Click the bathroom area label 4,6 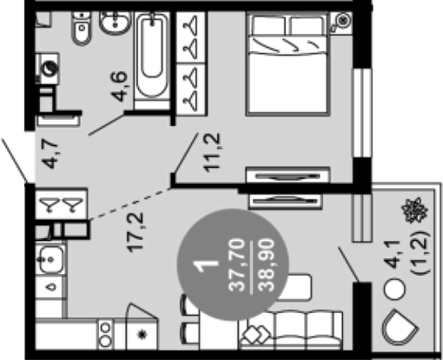pos(119,86)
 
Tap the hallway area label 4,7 pos(51,153)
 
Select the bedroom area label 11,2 pos(212,152)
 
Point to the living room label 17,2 pos(136,232)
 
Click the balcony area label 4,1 pos(393,254)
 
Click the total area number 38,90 pos(266,265)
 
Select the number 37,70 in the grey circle pos(236,265)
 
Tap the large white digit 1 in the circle pos(207,265)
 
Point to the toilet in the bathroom pos(81,29)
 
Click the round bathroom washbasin pos(115,23)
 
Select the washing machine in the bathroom pos(48,69)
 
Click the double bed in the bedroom pos(288,63)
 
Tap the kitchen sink pos(51,259)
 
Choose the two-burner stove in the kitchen pos(105,334)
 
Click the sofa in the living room pos(291,330)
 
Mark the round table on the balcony pos(394,289)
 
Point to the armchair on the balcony pos(400,328)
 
